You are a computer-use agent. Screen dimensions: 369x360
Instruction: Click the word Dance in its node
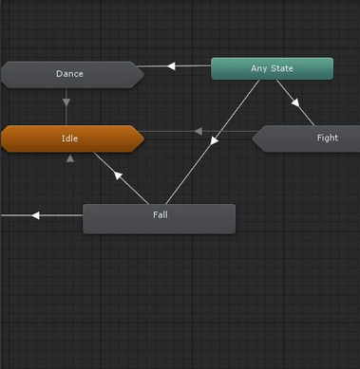69,74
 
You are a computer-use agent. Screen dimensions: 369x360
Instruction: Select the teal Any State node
272,68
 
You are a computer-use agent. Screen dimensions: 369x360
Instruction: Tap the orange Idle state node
71,138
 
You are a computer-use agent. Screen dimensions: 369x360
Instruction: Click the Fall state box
159,218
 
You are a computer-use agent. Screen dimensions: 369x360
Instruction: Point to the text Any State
272,68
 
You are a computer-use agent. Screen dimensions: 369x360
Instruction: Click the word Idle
69,138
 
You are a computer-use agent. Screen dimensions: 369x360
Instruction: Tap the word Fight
327,138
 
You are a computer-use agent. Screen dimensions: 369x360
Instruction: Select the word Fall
160,214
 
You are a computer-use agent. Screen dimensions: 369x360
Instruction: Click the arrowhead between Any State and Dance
172,66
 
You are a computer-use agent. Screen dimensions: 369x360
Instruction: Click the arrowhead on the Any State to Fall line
214,141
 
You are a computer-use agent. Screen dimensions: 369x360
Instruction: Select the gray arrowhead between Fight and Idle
199,131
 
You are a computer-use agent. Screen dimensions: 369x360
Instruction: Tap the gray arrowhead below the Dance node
66,101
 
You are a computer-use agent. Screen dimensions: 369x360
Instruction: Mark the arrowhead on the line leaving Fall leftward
35,215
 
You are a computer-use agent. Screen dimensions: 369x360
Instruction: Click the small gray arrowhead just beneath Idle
70,158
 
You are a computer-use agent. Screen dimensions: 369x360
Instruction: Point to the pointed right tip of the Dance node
142,74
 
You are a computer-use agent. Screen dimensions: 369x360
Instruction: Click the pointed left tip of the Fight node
254,138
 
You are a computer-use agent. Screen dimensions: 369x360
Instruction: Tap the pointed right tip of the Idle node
142,138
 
